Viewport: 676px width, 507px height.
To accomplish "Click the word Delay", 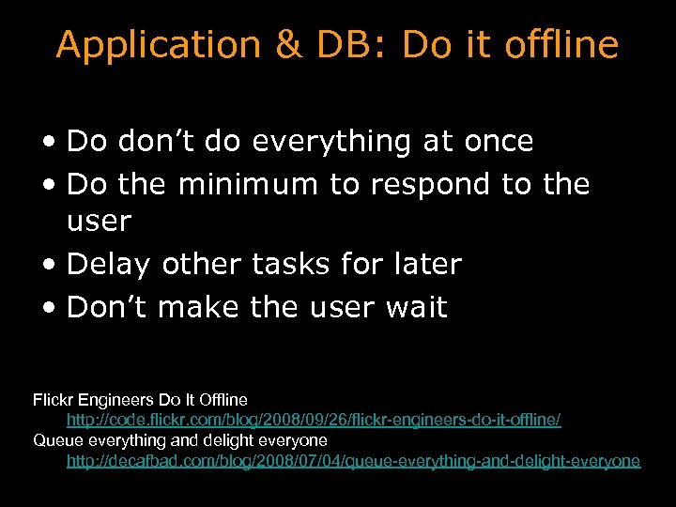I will (110, 265).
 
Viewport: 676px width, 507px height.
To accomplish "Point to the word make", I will (198, 307).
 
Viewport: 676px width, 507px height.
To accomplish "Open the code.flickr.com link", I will (314, 420).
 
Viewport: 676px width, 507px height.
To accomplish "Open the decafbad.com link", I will (353, 460).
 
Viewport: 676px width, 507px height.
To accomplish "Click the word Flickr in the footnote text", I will (55, 399).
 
